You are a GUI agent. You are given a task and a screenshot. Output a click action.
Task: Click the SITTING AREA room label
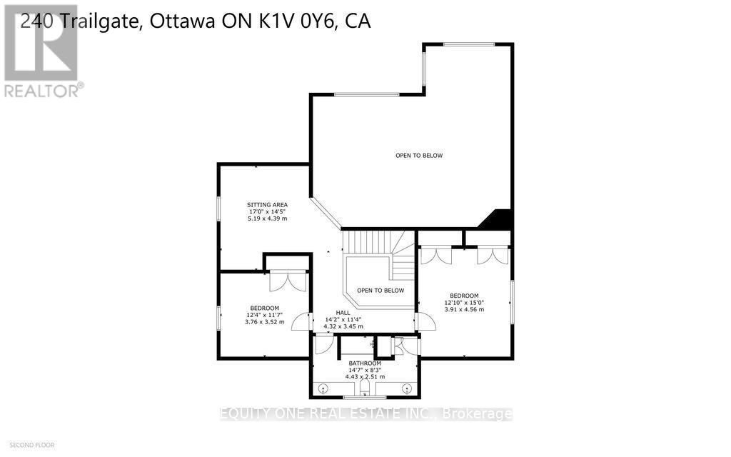(268, 204)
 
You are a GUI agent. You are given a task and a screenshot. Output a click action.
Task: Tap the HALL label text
(343, 312)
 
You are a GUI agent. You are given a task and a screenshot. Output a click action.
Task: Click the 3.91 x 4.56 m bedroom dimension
(463, 310)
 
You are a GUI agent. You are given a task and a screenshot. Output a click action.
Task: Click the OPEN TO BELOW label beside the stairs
(380, 291)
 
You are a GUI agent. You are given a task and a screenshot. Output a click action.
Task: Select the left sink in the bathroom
(323, 389)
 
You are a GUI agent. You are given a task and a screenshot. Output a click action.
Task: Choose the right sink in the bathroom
(407, 389)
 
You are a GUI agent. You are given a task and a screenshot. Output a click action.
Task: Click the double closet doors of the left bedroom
(287, 281)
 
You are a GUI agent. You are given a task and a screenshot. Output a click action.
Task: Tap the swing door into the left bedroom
(301, 322)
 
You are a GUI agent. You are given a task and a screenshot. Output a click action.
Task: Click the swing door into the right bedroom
(426, 322)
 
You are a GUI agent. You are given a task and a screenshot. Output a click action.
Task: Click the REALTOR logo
(42, 50)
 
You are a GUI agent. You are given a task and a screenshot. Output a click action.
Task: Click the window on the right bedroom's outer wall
(511, 302)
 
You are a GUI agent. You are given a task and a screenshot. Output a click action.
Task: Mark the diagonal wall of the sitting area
(326, 214)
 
